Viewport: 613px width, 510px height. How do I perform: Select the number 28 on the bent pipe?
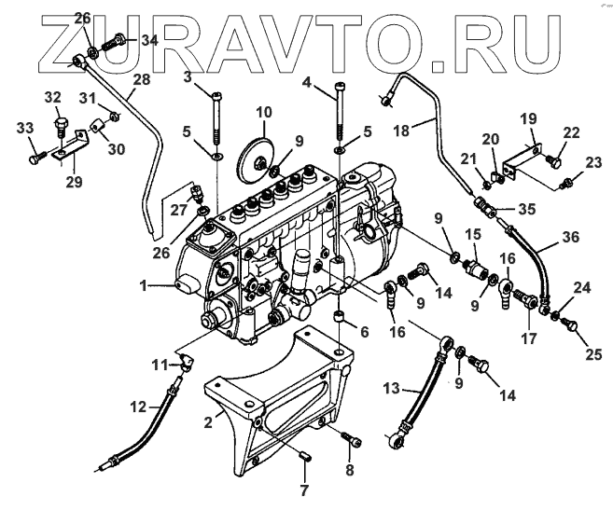tap(140, 81)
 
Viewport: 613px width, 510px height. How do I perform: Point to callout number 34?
tap(150, 41)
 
